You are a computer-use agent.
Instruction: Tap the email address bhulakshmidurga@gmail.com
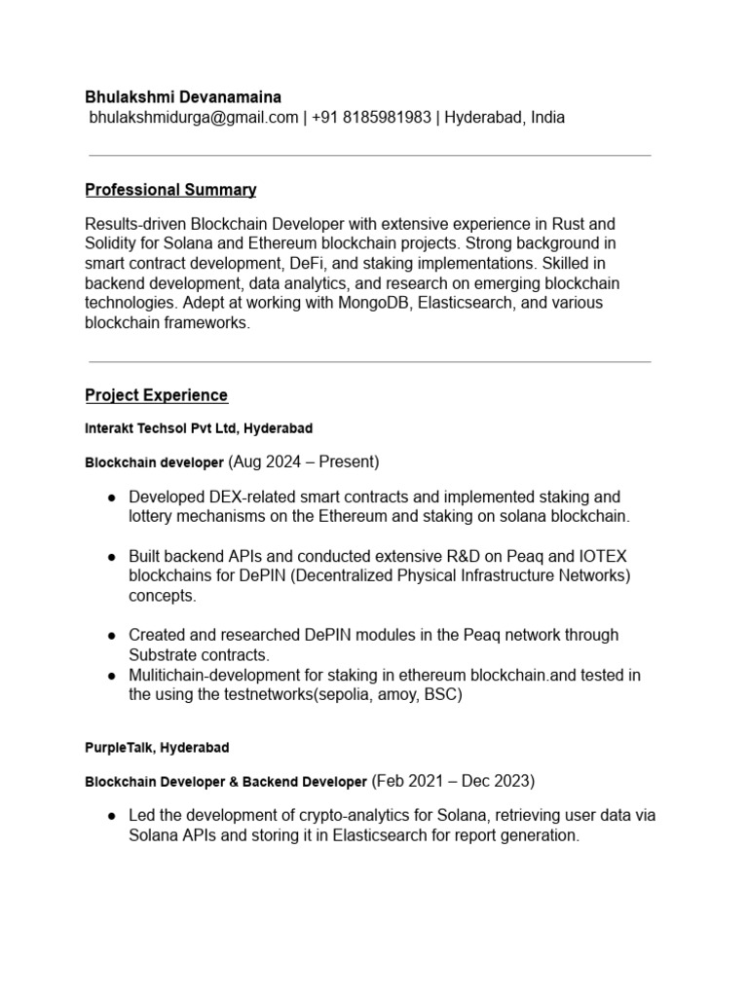point(194,118)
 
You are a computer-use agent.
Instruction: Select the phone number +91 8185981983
point(372,118)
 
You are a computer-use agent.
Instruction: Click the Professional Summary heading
point(170,190)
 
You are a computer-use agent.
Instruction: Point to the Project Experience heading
point(156,395)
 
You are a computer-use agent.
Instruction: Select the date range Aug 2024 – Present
point(304,461)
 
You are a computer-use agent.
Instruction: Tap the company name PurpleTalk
point(121,748)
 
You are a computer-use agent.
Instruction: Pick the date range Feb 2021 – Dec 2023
point(454,781)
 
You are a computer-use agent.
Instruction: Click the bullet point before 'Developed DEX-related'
point(112,498)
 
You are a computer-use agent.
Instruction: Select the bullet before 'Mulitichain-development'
point(112,676)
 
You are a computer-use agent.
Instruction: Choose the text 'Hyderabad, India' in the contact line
point(505,118)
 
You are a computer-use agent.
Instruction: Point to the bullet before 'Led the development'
point(112,816)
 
